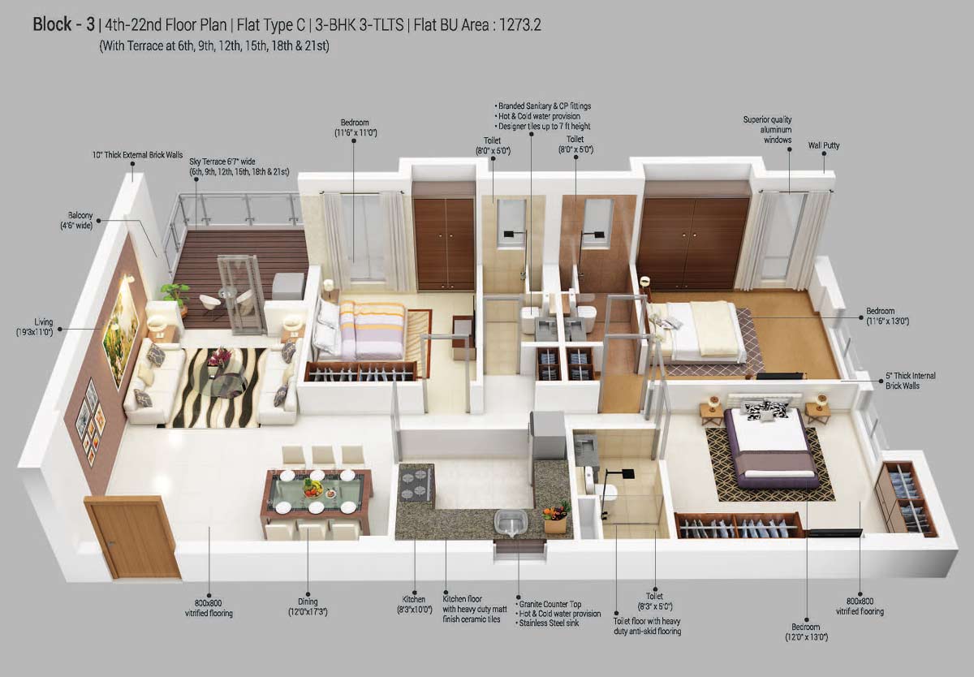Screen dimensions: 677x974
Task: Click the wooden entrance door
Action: (x=132, y=537)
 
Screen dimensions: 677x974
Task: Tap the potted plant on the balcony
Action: (x=175, y=294)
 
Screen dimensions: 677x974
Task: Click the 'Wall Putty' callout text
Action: (x=823, y=146)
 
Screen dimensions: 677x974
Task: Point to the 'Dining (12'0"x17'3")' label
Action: (x=308, y=606)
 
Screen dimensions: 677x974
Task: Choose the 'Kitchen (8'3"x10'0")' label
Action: (x=414, y=606)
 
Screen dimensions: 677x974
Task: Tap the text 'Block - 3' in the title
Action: (x=63, y=24)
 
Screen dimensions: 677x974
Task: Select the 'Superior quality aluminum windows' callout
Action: (x=767, y=130)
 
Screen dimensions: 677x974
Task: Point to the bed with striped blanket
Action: (x=370, y=328)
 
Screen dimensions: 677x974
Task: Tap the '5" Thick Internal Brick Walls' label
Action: (x=911, y=381)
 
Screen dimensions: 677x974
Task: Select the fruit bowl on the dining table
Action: (x=313, y=486)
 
